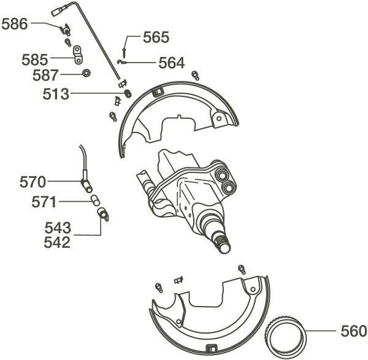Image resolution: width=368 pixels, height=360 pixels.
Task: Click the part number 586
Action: click(x=15, y=24)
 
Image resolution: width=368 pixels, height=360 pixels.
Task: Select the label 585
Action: click(x=35, y=59)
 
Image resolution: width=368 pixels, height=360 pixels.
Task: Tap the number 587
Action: click(x=45, y=75)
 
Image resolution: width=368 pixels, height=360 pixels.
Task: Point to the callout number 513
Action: click(x=56, y=94)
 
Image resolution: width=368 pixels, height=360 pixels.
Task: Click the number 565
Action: click(x=156, y=37)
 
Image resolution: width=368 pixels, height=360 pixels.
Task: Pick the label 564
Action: click(x=172, y=63)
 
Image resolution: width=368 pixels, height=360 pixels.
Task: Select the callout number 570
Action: click(x=33, y=182)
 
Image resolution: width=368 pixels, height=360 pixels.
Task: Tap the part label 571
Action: click(x=44, y=202)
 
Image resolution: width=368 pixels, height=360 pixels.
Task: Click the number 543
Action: click(x=58, y=228)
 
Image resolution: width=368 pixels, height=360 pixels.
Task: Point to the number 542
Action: click(x=57, y=242)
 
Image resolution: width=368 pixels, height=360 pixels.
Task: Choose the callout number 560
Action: click(x=354, y=331)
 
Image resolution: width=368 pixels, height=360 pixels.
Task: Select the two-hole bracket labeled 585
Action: click(x=78, y=55)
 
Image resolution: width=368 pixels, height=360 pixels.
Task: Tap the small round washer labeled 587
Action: click(x=87, y=73)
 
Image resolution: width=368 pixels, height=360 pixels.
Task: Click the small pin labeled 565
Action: click(x=124, y=53)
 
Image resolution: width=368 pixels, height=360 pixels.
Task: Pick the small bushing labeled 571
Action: click(x=96, y=200)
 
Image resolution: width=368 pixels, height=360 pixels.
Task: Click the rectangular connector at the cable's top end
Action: click(x=57, y=12)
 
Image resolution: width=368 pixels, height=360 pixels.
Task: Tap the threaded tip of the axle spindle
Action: click(x=223, y=245)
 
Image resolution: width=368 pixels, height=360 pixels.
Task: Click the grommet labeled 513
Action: click(x=128, y=93)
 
